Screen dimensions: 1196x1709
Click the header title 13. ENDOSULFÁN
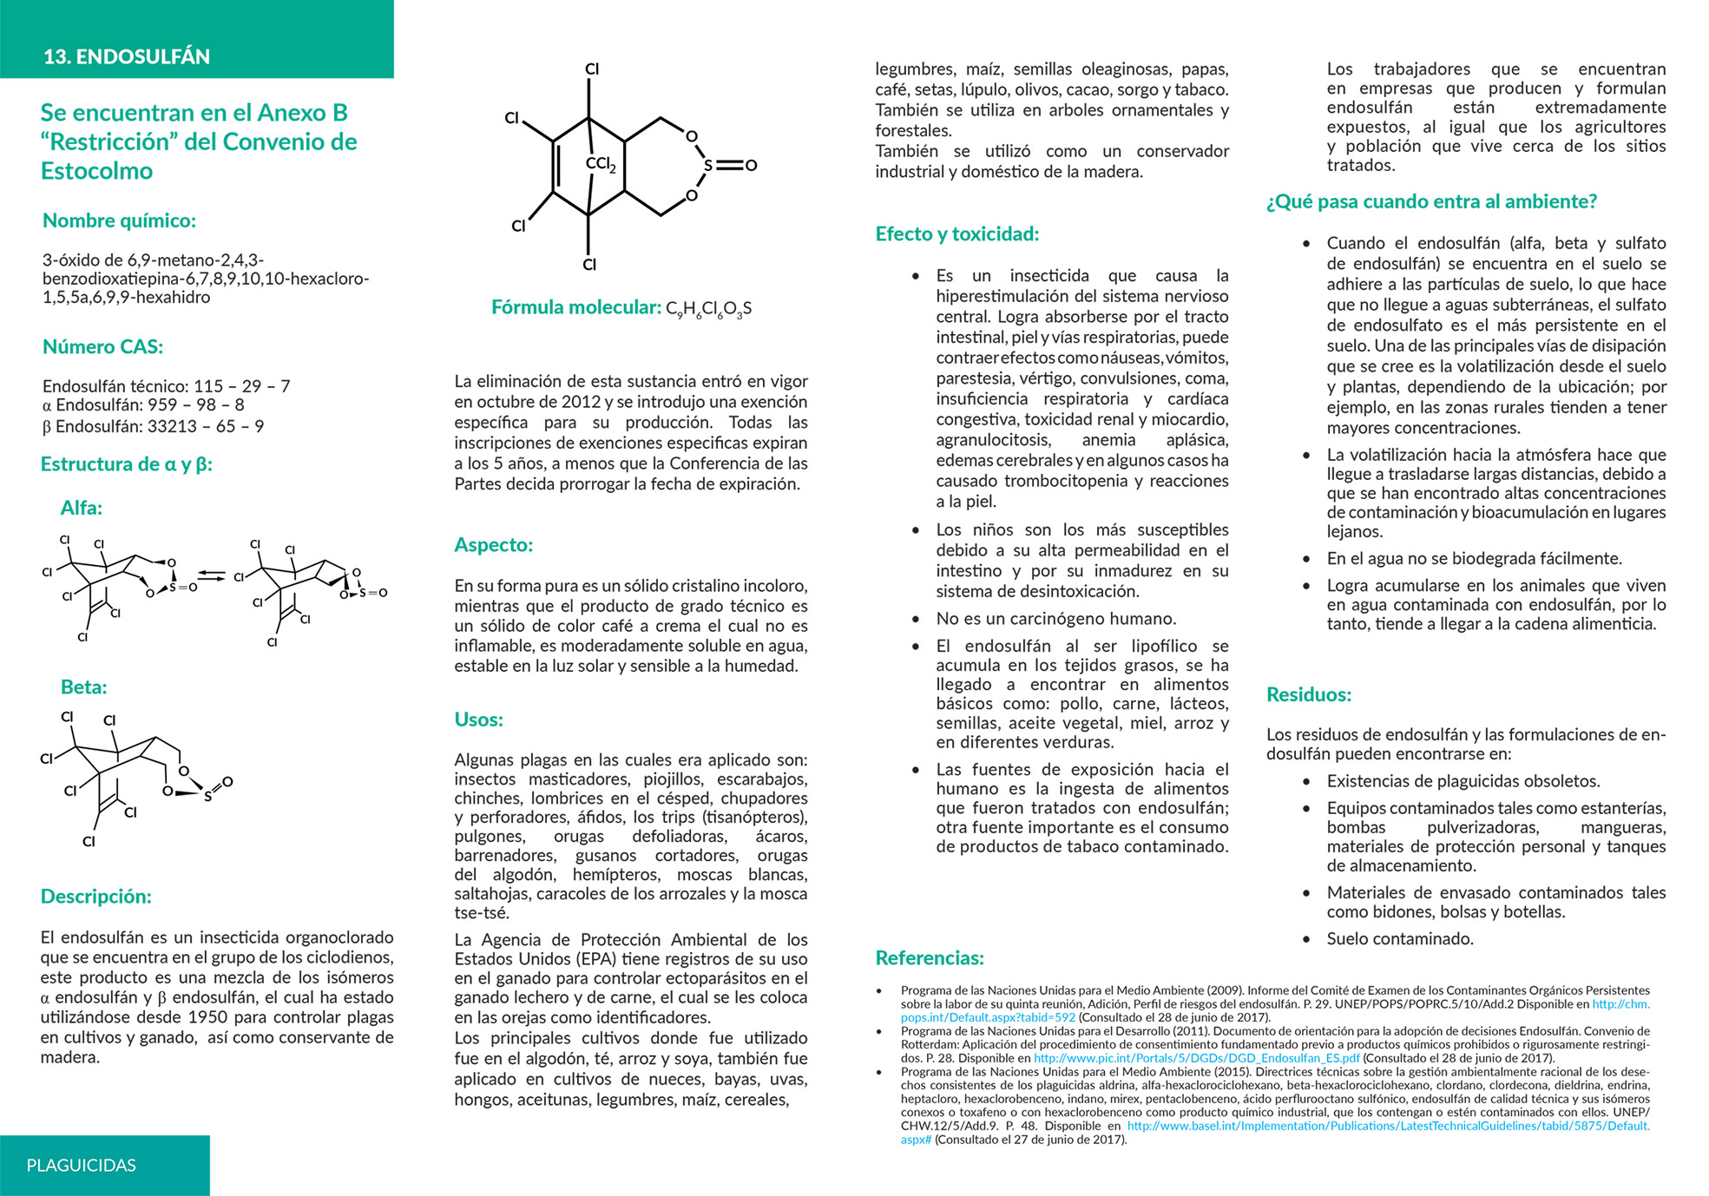[x=127, y=56]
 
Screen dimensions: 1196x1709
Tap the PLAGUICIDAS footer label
[x=82, y=1166]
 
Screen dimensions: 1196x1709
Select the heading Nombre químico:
[x=119, y=220]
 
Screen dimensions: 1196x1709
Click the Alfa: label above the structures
[x=81, y=508]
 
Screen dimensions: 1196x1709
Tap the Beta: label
[x=83, y=687]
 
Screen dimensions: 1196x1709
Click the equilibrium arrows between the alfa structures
[x=211, y=575]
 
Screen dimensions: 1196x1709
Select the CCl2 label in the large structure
[x=601, y=164]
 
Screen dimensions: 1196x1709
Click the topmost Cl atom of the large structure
[x=592, y=69]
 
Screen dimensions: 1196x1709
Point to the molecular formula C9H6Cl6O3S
[x=708, y=308]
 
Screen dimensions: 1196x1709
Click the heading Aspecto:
[x=493, y=545]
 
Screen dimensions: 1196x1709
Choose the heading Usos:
[x=478, y=720]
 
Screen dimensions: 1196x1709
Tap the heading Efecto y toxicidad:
[x=956, y=234]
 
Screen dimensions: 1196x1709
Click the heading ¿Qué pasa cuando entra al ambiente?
[x=1431, y=202]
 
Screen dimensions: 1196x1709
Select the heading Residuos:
[x=1309, y=694]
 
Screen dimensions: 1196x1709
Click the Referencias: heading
[x=930, y=958]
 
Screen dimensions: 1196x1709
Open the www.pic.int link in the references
[x=1196, y=1058]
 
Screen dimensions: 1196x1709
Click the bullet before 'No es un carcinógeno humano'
[x=916, y=620]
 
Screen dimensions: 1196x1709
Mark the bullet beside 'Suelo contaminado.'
[x=1306, y=939]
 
